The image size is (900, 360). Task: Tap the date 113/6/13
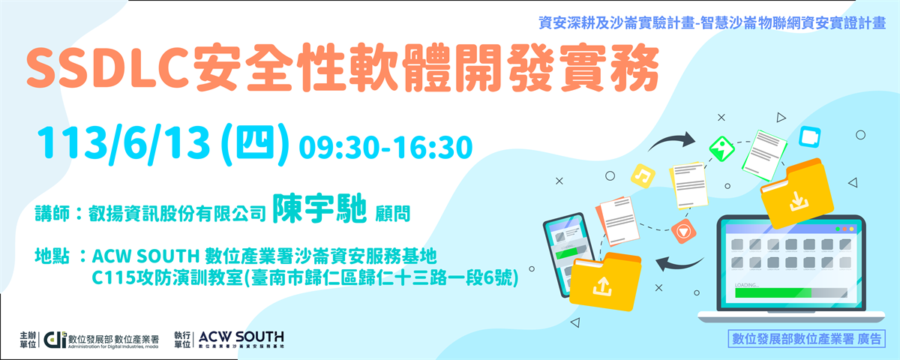coord(124,144)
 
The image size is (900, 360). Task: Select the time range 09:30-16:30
coord(385,147)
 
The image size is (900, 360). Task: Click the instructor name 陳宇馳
coord(319,209)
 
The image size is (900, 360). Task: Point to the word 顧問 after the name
coord(392,214)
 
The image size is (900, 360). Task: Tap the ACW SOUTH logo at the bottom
coord(241,340)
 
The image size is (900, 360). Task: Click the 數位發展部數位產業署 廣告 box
coord(806,339)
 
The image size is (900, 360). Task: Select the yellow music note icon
coord(643,176)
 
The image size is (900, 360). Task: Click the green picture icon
coord(721,148)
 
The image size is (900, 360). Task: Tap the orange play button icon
coord(683,231)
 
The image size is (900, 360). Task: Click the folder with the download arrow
coord(796,194)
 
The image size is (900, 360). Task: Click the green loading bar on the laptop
coord(772,292)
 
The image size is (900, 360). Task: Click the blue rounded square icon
coord(809,137)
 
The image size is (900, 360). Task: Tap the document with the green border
coord(763,155)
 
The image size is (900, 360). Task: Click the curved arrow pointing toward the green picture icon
coord(670,141)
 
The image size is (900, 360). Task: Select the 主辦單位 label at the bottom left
coord(28,340)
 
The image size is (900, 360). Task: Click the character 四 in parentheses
coord(255,143)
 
